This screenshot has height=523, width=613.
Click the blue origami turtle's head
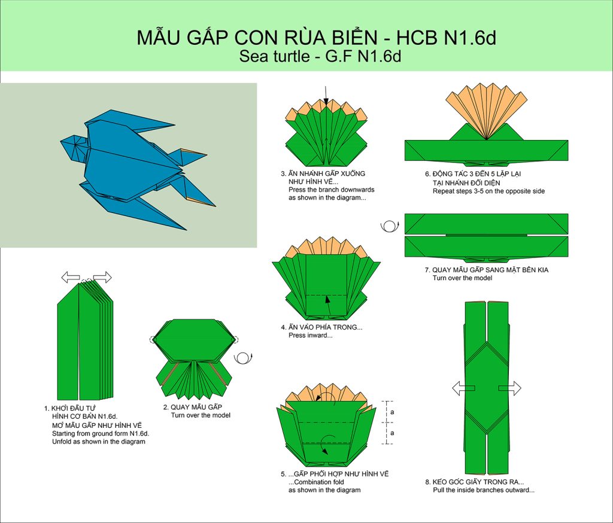click(x=74, y=147)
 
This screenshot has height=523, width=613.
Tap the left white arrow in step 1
click(x=71, y=278)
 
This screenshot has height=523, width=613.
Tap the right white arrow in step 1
click(x=102, y=278)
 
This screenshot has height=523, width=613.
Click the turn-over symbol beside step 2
click(x=243, y=359)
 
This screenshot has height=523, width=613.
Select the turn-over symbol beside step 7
click(x=389, y=226)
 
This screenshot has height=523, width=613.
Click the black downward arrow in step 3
click(x=326, y=95)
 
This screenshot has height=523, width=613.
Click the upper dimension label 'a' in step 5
click(x=392, y=412)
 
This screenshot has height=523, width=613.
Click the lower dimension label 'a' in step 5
click(x=392, y=433)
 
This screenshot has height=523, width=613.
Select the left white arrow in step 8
click(x=463, y=388)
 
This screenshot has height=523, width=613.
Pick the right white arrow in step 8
click(x=509, y=388)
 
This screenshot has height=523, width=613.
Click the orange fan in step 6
click(x=486, y=111)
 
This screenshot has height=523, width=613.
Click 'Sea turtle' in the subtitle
click(x=274, y=57)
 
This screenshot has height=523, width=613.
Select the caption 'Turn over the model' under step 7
click(x=462, y=278)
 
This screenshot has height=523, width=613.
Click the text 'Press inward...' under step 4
click(x=311, y=335)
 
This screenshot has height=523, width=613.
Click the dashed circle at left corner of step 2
click(x=153, y=339)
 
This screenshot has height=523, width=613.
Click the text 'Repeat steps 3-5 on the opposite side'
click(x=488, y=191)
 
